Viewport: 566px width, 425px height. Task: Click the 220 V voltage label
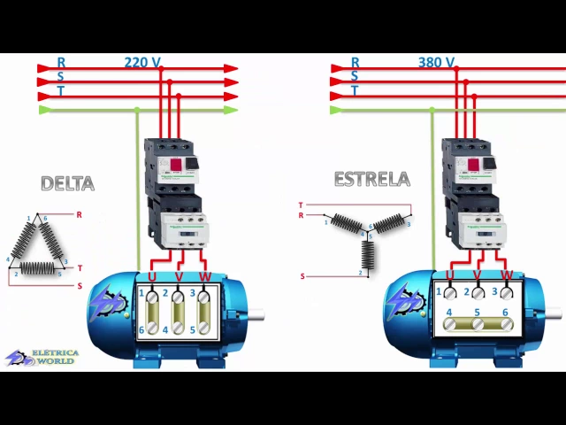pyautogui.click(x=141, y=63)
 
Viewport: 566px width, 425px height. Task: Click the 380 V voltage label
pyautogui.click(x=436, y=63)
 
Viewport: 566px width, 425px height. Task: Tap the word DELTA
pyautogui.click(x=67, y=183)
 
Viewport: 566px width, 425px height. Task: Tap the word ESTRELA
pyautogui.click(x=371, y=179)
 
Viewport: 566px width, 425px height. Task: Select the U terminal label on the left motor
pyautogui.click(x=152, y=277)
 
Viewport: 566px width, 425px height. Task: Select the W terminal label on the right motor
pyautogui.click(x=506, y=276)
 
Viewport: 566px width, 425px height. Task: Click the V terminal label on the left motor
pyautogui.click(x=179, y=277)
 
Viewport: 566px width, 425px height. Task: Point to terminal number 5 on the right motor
pyautogui.click(x=478, y=313)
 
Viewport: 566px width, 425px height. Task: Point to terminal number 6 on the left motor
pyautogui.click(x=141, y=330)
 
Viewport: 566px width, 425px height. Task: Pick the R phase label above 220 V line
pyautogui.click(x=61, y=63)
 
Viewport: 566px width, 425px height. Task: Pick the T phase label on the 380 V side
pyautogui.click(x=355, y=90)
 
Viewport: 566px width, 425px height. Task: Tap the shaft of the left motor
pyautogui.click(x=256, y=313)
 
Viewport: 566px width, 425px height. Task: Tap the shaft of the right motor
pyautogui.click(x=553, y=312)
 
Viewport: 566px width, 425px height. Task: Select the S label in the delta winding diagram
pyautogui.click(x=80, y=286)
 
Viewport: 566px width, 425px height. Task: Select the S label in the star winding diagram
pyautogui.click(x=302, y=276)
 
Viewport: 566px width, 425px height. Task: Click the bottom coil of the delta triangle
pyautogui.click(x=37, y=267)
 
